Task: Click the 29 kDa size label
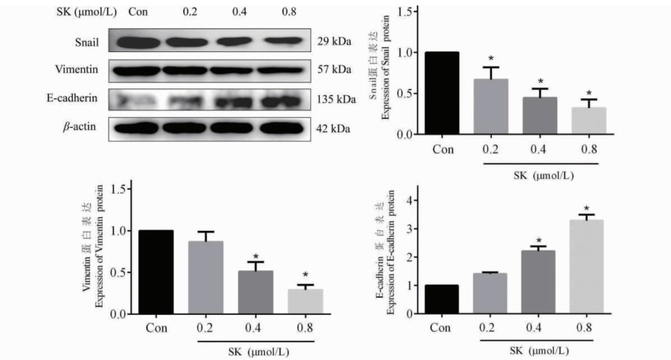point(334,42)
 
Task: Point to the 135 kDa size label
point(337,99)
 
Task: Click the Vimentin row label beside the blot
point(75,70)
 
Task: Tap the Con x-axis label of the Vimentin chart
point(155,326)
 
